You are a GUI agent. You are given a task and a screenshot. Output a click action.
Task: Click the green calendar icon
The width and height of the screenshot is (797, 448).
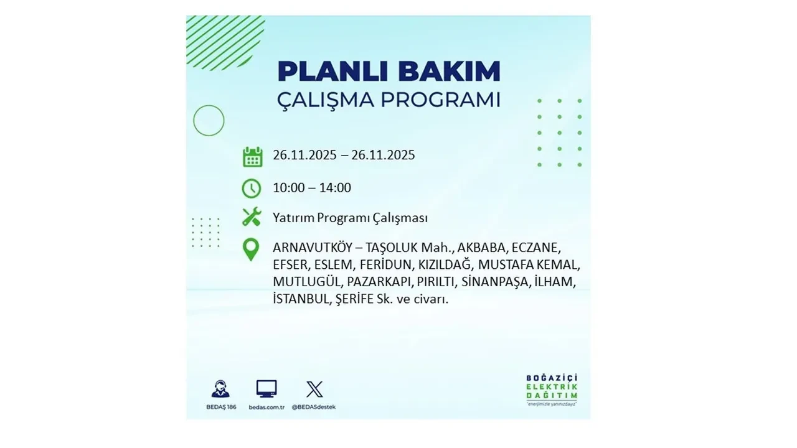pos(252,156)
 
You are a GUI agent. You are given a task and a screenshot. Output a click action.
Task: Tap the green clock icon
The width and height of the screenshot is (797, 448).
pos(252,188)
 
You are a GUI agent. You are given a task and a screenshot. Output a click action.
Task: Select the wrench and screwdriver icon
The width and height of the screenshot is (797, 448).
pos(252,217)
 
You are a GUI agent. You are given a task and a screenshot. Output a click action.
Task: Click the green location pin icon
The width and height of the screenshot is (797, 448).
pos(251,249)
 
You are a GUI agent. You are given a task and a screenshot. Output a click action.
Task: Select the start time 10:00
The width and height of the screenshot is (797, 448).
pos(288,188)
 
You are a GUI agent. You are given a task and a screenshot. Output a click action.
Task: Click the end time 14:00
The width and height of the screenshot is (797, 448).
pos(336,188)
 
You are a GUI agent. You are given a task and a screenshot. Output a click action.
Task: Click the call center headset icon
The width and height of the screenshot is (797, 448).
pos(220,390)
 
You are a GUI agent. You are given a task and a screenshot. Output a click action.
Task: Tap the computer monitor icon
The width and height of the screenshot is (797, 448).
pos(266,390)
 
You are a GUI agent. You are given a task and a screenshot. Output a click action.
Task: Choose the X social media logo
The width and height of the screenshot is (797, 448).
pos(314,390)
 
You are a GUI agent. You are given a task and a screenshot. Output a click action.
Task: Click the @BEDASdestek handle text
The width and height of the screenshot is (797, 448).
pos(314,407)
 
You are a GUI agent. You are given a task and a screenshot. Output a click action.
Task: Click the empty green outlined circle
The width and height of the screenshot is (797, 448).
pos(209,121)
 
